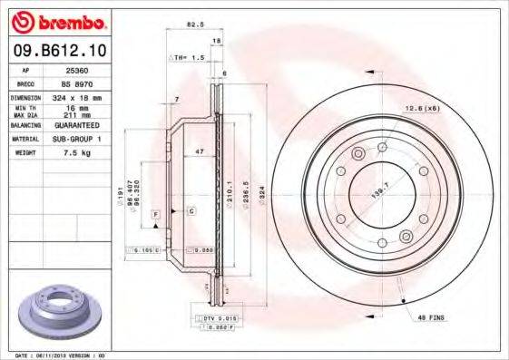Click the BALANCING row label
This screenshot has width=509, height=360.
click(27, 124)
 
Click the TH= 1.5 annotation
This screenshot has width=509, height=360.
click(188, 56)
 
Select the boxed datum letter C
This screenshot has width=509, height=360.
click(191, 211)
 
